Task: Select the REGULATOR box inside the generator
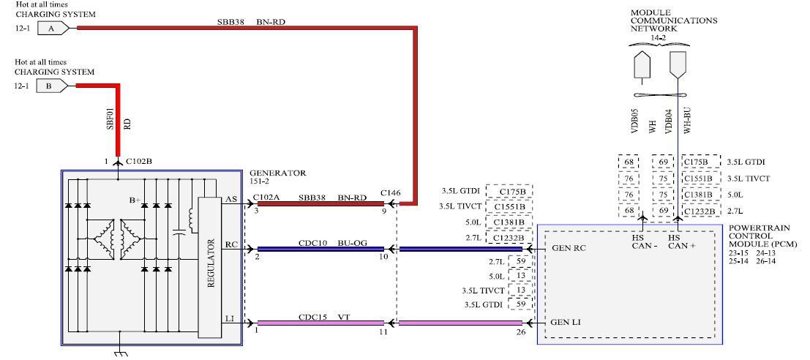tap(210, 263)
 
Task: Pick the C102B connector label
tap(139, 161)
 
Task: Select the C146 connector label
tap(391, 193)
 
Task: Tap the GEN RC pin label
tap(569, 249)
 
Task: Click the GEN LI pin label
tap(568, 322)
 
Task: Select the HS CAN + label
tap(679, 241)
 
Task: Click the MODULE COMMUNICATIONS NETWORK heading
tap(674, 21)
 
